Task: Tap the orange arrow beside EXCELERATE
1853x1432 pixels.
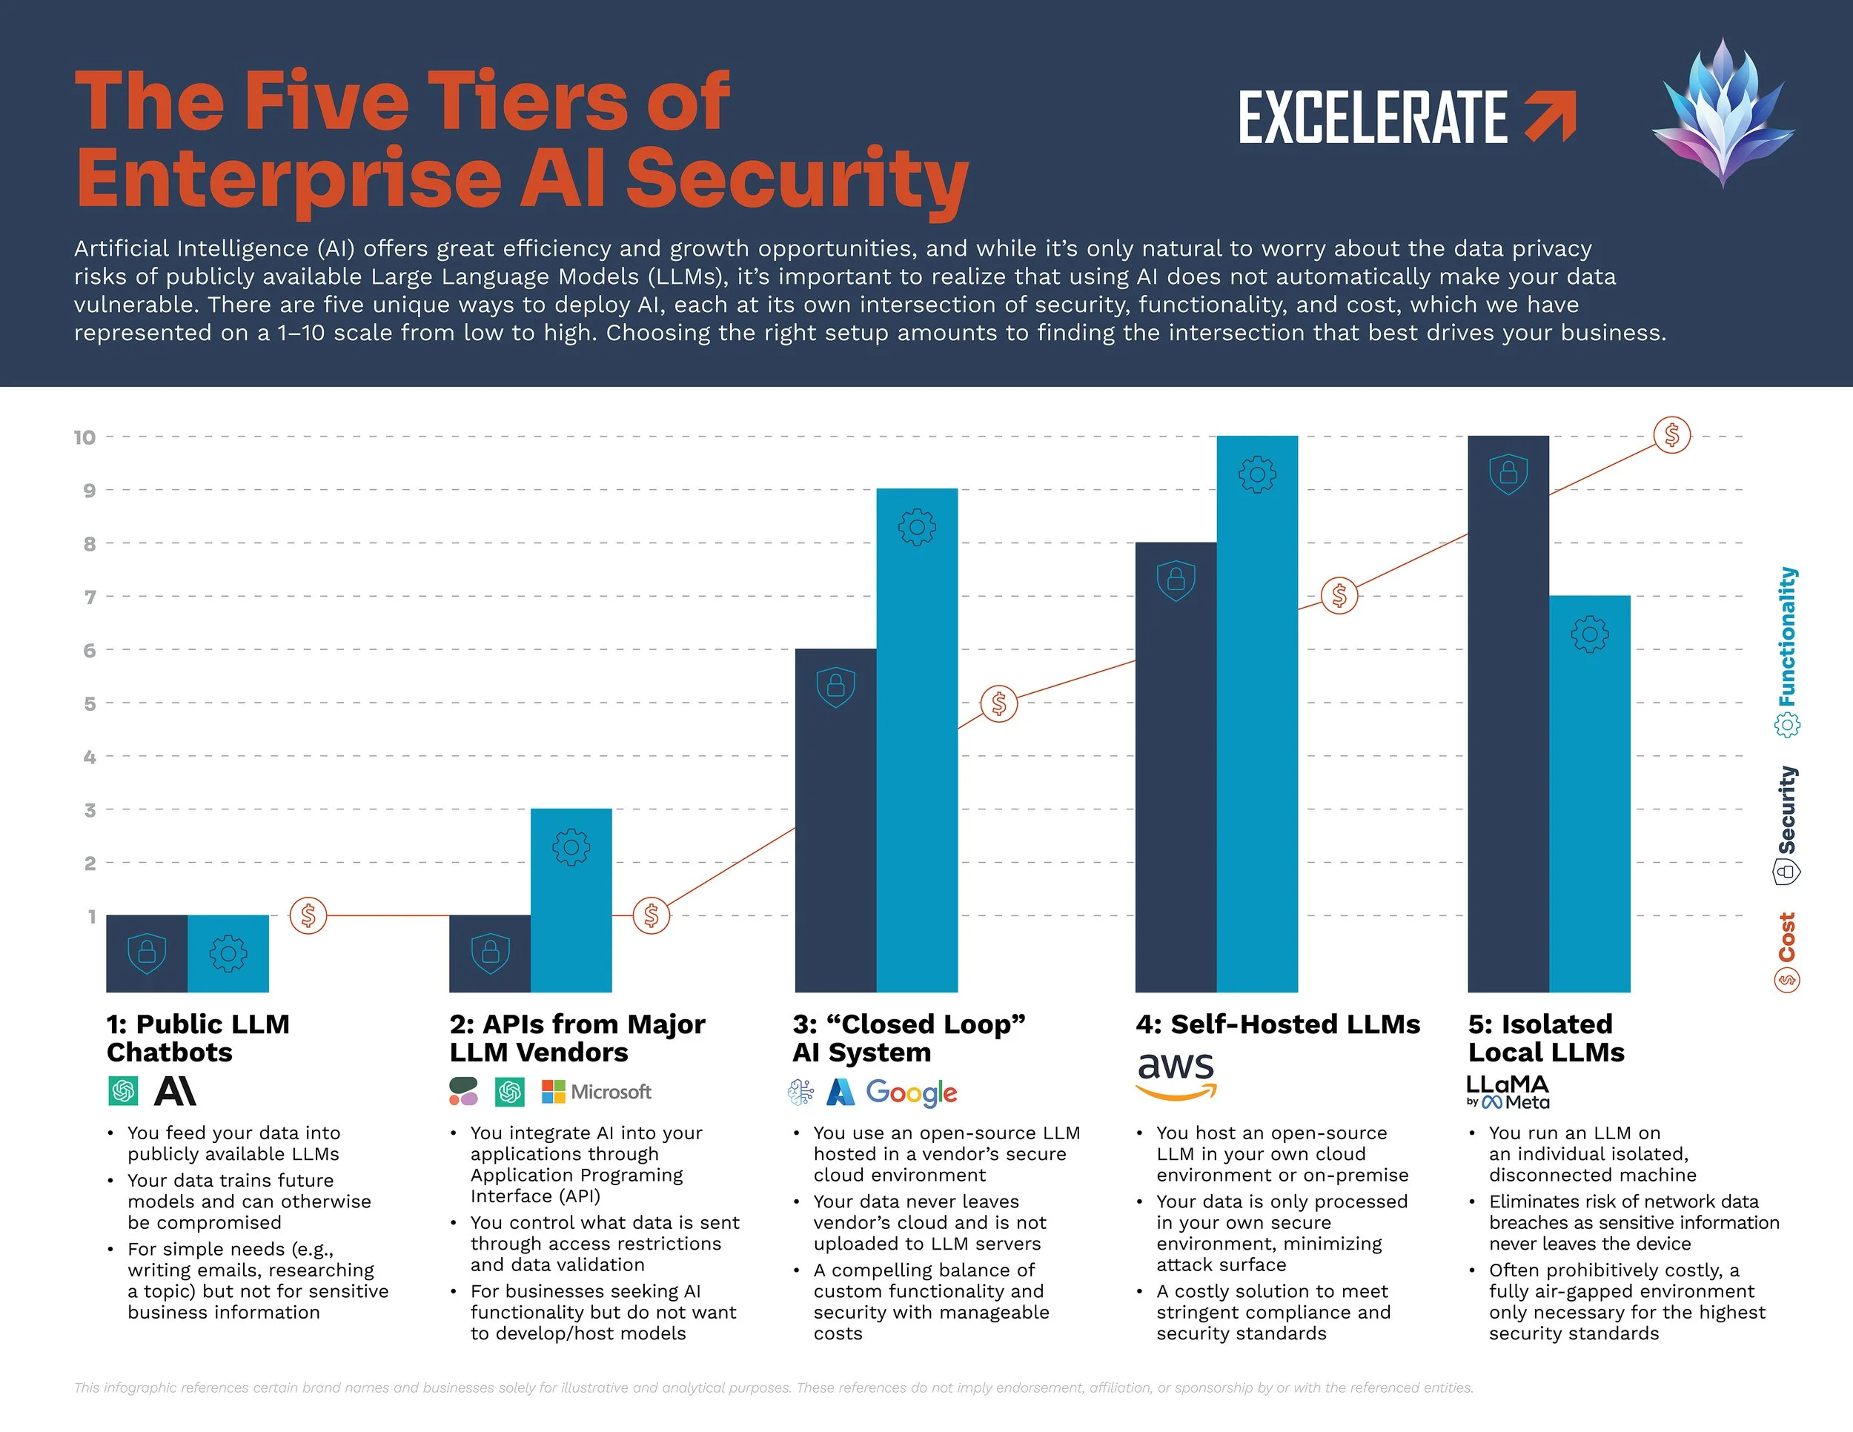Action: (x=1550, y=117)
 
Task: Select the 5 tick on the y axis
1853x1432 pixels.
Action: (x=89, y=704)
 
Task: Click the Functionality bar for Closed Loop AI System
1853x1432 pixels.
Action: (x=916, y=738)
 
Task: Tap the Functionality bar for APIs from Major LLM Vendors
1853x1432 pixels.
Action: (x=571, y=899)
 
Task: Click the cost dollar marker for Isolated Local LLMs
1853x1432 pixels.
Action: (x=1671, y=436)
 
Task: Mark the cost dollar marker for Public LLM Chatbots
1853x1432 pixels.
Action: (x=308, y=916)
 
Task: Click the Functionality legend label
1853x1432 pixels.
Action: (x=1787, y=636)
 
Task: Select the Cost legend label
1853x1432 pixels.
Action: (x=1787, y=938)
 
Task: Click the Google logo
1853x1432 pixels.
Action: (x=911, y=1093)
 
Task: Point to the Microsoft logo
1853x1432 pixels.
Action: (x=597, y=1092)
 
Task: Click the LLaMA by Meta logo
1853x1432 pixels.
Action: (x=1508, y=1092)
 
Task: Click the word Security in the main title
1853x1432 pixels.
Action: (x=798, y=180)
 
